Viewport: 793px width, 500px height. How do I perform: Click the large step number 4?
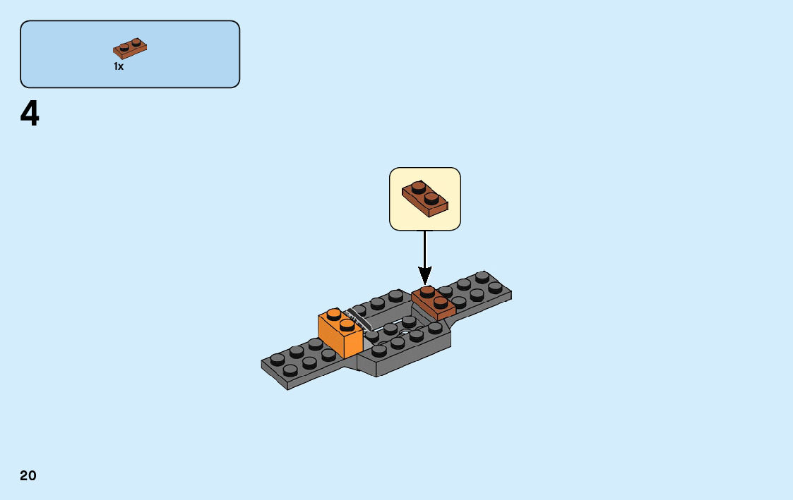point(30,114)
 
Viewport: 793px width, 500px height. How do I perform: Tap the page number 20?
point(28,476)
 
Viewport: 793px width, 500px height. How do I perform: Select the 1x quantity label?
point(119,66)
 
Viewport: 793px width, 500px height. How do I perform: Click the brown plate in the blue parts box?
point(130,48)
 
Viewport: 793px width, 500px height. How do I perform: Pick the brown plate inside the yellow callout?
point(425,197)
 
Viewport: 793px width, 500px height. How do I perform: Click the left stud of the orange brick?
point(333,315)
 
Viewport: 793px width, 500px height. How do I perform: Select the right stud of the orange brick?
point(347,324)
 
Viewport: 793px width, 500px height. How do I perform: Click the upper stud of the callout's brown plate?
point(418,188)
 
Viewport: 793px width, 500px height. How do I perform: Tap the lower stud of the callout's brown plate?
point(431,197)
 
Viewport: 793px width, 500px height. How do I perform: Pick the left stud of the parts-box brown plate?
point(124,47)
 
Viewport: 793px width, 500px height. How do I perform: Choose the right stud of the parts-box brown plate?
point(136,43)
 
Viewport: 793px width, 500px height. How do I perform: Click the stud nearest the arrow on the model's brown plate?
point(427,291)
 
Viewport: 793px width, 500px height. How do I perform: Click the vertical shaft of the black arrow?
point(424,247)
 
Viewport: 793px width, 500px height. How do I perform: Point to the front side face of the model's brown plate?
point(446,313)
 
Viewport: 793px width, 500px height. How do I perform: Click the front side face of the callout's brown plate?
point(438,209)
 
